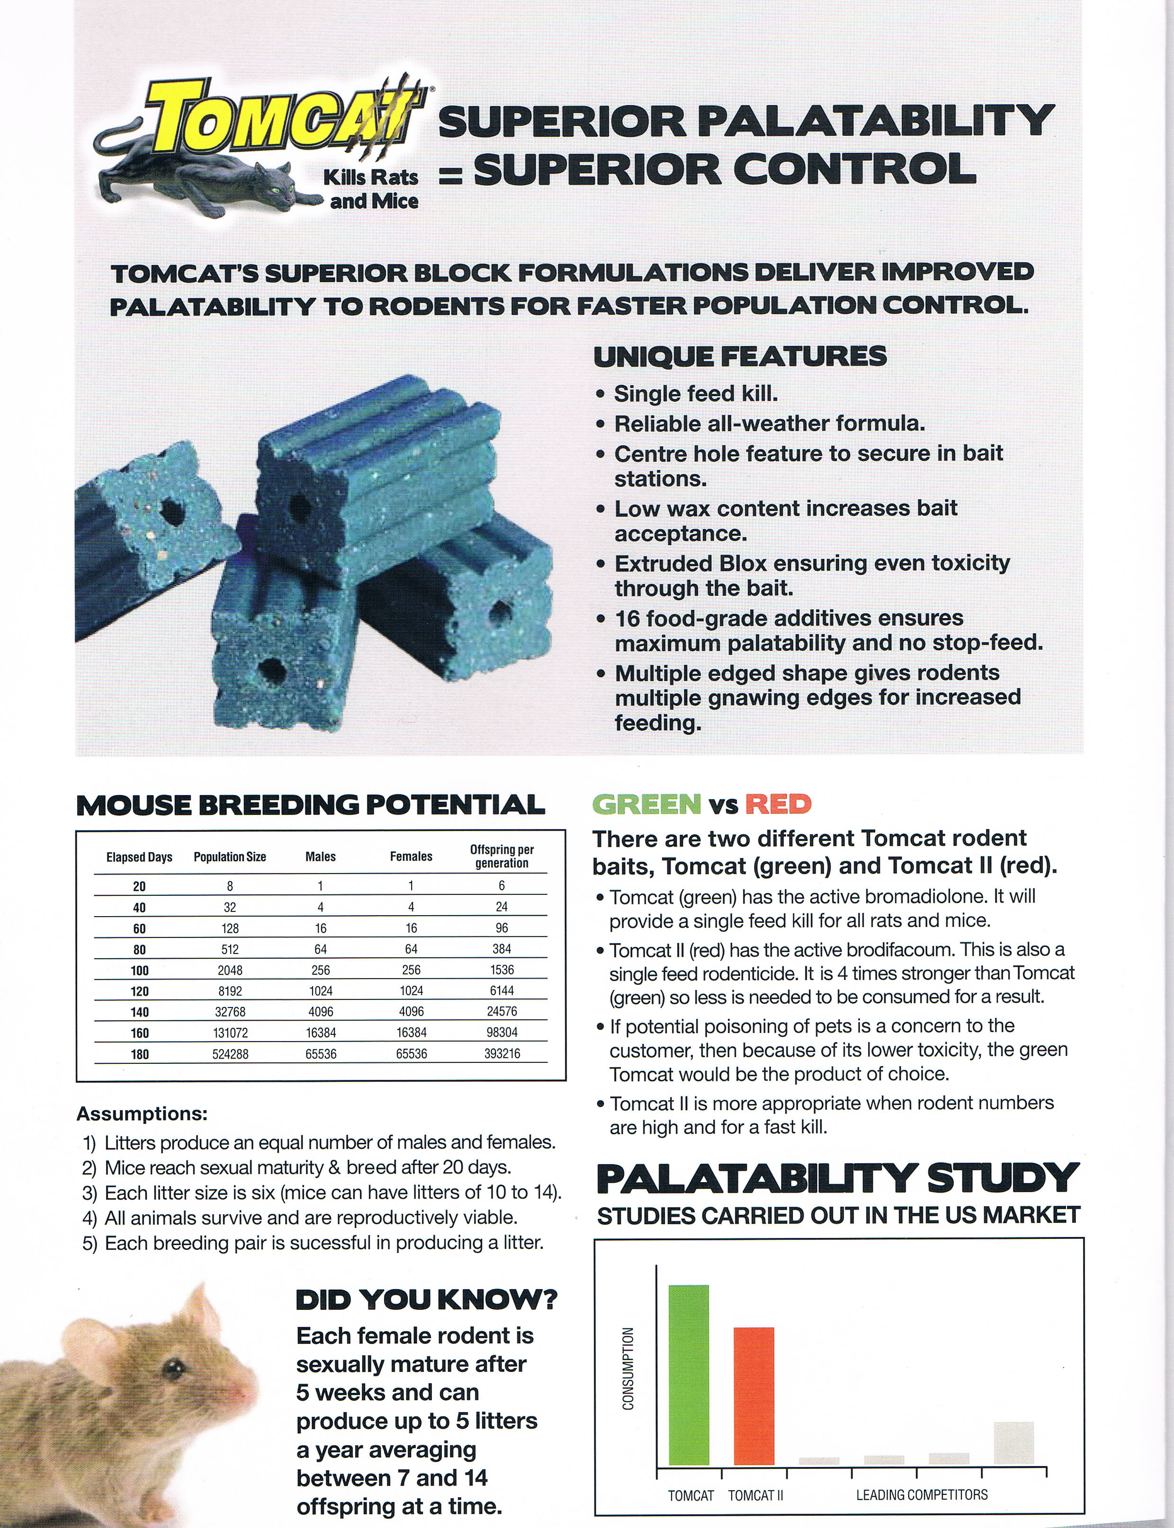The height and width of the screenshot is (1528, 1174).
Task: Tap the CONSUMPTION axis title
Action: (628, 1369)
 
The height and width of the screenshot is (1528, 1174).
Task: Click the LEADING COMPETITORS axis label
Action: (922, 1494)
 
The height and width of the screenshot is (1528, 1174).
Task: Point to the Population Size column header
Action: (230, 857)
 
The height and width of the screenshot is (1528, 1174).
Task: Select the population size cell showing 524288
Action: (230, 1054)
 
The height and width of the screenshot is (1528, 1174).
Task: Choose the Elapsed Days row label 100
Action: (140, 971)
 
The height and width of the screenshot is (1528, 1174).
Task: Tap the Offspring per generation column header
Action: (502, 856)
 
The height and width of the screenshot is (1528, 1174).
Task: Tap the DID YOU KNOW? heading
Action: (426, 1300)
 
